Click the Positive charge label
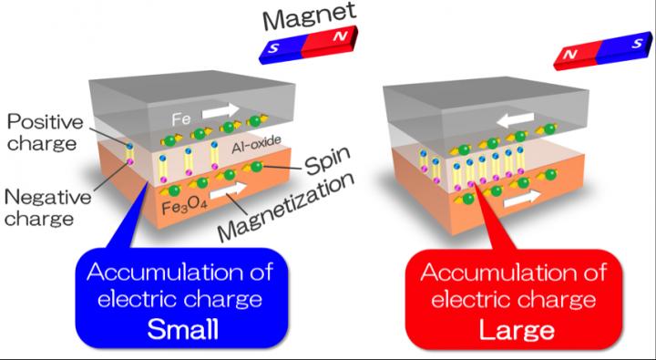[43, 129]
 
